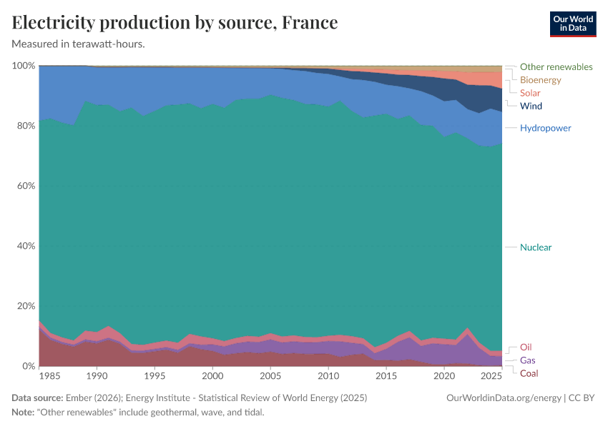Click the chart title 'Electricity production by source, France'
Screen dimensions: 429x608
tap(175, 23)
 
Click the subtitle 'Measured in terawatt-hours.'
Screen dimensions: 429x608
tap(79, 44)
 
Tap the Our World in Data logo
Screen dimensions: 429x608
tap(572, 24)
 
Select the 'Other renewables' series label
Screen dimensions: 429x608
tap(556, 66)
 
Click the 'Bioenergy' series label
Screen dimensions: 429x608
tap(540, 80)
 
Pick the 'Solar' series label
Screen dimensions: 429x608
tap(530, 93)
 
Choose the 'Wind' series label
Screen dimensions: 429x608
tap(531, 106)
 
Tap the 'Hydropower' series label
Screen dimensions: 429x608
tap(545, 128)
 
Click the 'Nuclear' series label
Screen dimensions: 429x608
tap(536, 247)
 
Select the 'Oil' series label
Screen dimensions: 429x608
tap(526, 347)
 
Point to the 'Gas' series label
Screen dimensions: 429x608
tap(527, 360)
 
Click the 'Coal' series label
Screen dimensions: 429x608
tap(529, 373)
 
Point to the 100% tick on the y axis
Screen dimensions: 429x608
tap(24, 66)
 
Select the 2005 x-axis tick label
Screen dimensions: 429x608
tap(270, 376)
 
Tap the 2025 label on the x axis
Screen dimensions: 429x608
tap(491, 376)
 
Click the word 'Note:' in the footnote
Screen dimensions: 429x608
tap(24, 413)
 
